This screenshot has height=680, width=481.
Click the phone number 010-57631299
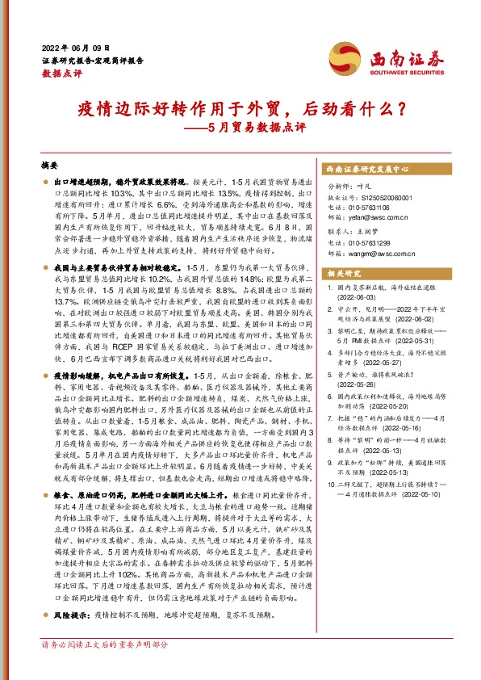click(x=374, y=242)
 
